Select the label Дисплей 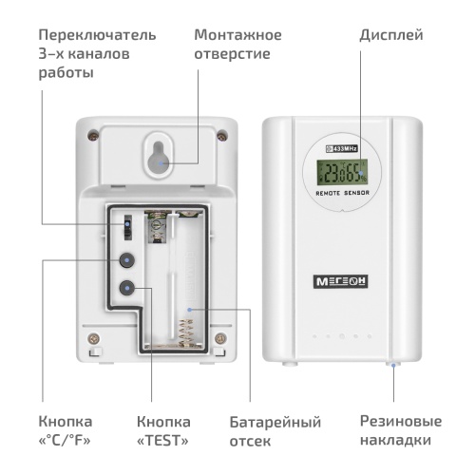pos(390,35)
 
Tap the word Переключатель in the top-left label pos(97,35)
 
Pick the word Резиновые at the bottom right pos(400,421)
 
